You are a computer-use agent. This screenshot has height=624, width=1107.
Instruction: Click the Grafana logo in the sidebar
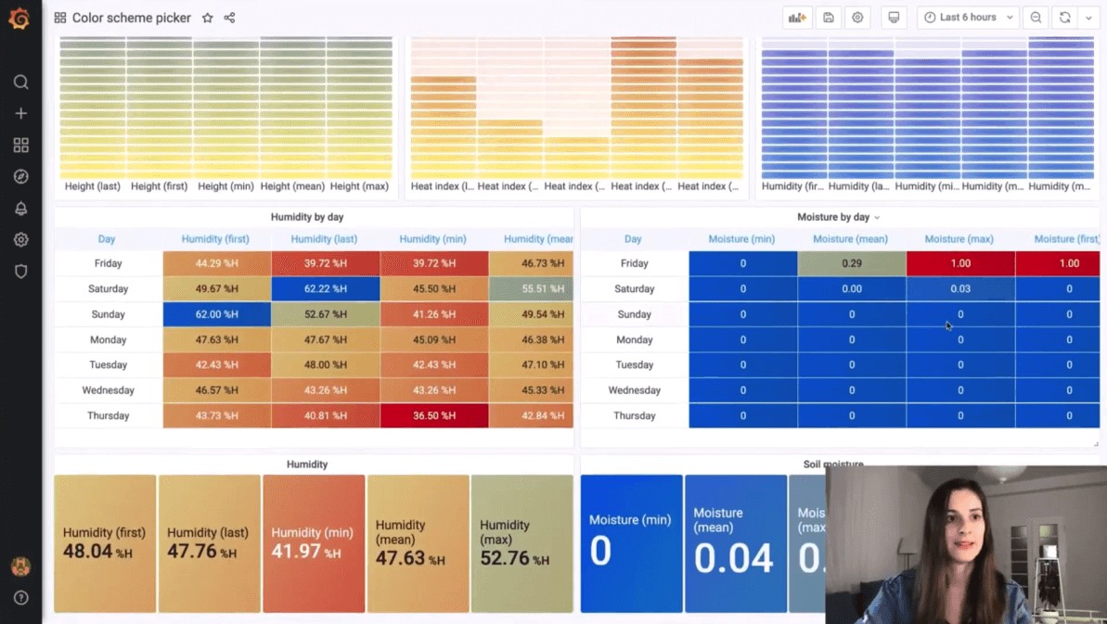point(19,19)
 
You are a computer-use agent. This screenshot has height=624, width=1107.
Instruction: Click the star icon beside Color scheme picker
point(207,18)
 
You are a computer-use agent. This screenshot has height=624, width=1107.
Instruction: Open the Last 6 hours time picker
point(968,18)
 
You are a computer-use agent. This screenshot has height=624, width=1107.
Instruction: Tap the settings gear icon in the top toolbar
point(857,18)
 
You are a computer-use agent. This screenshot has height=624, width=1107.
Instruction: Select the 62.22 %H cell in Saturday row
point(325,289)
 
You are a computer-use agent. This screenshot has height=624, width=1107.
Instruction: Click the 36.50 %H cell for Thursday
point(433,416)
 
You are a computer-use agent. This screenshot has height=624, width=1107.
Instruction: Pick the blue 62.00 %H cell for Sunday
point(216,314)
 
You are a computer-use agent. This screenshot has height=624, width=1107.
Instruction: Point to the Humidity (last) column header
point(325,239)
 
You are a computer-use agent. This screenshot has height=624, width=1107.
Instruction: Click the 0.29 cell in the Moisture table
point(851,263)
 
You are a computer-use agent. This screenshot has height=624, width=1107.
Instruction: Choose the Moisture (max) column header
point(959,239)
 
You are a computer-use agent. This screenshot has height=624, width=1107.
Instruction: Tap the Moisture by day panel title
point(833,217)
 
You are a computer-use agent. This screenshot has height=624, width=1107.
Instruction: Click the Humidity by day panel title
point(306,217)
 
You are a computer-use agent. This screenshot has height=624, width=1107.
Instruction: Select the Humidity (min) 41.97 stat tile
point(314,544)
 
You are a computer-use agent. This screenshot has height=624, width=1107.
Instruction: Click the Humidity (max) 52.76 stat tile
point(521,544)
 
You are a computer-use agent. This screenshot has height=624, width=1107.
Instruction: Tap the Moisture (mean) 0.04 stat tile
point(735,544)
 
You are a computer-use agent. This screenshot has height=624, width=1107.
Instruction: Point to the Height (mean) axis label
point(292,186)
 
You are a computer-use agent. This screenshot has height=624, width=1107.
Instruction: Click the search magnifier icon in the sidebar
point(20,83)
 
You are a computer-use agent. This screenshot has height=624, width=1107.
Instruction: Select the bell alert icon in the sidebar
point(20,209)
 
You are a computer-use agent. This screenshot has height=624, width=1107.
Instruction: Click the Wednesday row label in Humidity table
point(108,390)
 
